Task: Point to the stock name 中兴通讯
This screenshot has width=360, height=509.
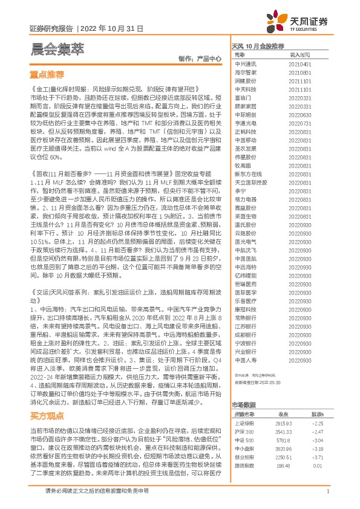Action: tap(245, 63)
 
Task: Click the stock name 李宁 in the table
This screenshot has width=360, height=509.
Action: tap(240, 190)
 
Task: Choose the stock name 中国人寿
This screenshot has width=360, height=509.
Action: tap(245, 359)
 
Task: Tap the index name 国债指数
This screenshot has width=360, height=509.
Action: tap(245, 465)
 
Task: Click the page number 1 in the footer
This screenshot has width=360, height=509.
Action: tap(327, 491)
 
